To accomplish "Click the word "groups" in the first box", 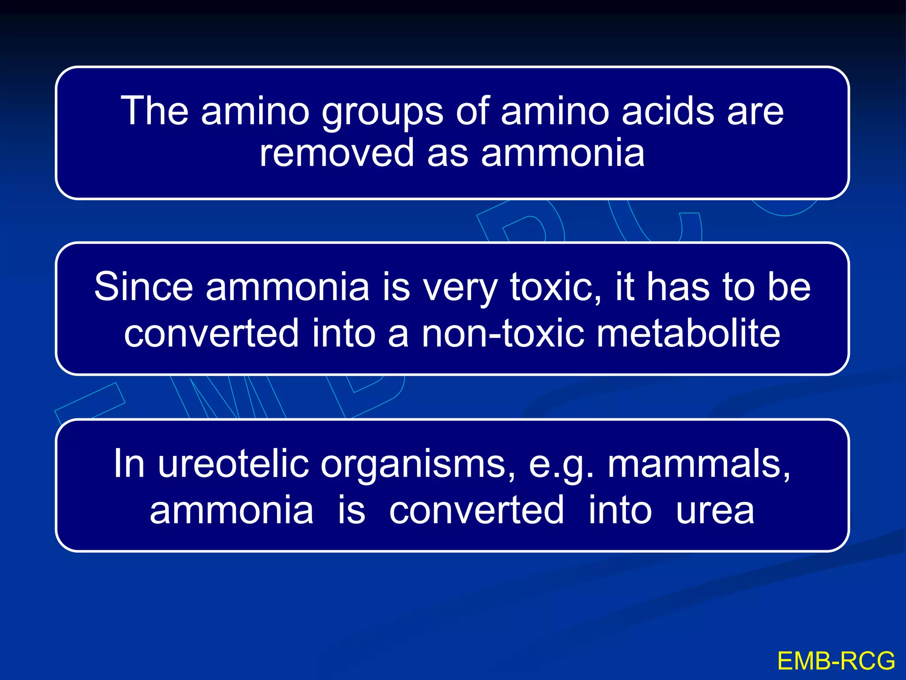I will tap(382, 113).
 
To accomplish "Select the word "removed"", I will tap(337, 153).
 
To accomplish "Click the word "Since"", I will tap(144, 287).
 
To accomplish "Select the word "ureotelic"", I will tap(233, 464).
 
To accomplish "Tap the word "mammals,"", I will tap(699, 464).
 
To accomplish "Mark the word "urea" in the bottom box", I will tap(715, 510).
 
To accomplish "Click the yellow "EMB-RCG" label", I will tap(836, 661).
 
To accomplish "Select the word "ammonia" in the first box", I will tap(563, 153).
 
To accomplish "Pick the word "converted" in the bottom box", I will tap(476, 510).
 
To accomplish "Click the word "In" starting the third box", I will tap(129, 464).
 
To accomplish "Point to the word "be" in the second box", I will tap(789, 287).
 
